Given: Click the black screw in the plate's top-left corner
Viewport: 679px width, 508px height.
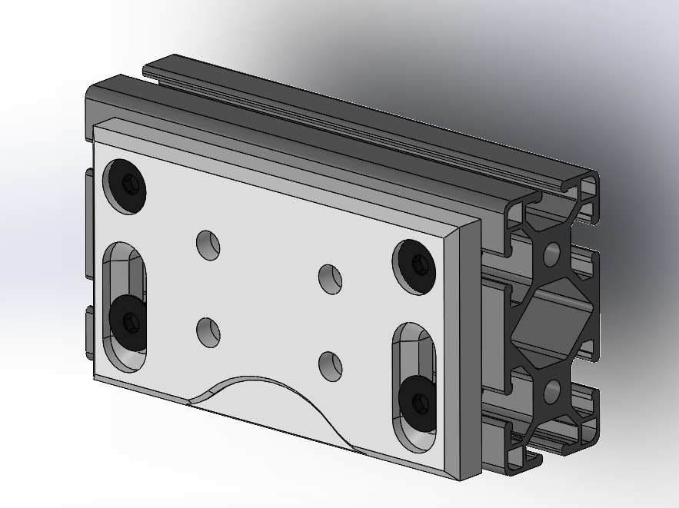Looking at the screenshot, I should pyautogui.click(x=128, y=185).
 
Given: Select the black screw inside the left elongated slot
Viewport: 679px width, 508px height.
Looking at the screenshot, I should pyautogui.click(x=128, y=322).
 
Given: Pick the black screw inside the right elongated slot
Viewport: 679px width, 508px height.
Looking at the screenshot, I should pyautogui.click(x=417, y=401).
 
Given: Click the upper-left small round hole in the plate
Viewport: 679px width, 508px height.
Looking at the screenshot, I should pyautogui.click(x=208, y=245).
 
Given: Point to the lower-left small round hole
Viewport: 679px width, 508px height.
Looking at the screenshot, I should pyautogui.click(x=208, y=332).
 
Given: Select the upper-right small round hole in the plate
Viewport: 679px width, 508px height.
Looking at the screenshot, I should pyautogui.click(x=330, y=278).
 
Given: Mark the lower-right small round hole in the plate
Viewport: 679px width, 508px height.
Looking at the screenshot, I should pyautogui.click(x=330, y=366).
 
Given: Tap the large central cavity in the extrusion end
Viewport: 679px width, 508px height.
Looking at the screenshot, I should pyautogui.click(x=552, y=323).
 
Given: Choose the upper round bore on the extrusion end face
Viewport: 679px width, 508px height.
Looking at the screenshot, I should pyautogui.click(x=551, y=254).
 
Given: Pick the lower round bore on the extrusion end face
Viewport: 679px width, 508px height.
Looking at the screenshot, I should pyautogui.click(x=552, y=392).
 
